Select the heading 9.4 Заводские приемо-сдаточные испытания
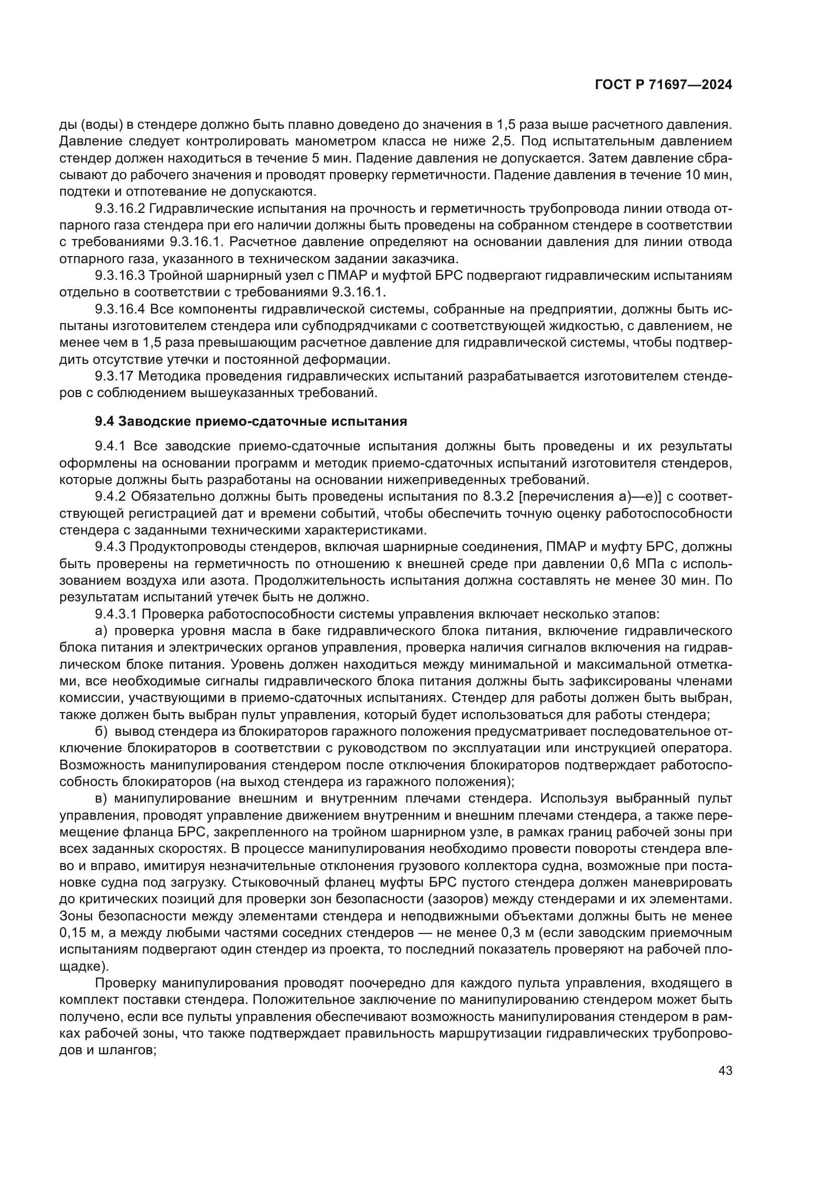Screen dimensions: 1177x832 point(251,421)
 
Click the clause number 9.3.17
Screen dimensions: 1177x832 point(114,376)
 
